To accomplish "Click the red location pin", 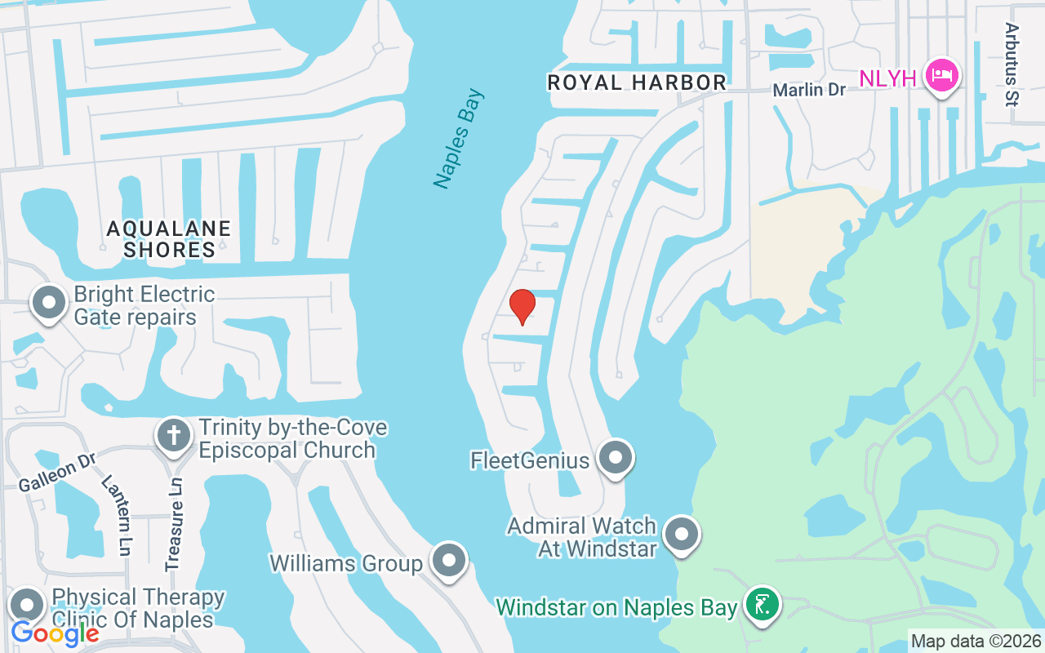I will click(522, 306).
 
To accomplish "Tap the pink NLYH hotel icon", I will click(942, 76).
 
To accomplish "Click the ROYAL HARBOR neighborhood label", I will click(637, 82).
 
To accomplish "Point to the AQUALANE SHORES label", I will click(169, 239).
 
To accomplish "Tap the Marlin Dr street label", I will click(810, 90).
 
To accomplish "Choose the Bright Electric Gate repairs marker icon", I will click(48, 302).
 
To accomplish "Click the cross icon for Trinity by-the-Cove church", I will click(173, 433).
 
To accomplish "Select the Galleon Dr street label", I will click(56, 473).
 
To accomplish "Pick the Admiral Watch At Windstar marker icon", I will click(681, 535).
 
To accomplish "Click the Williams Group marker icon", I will click(448, 561).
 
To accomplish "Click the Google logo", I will click(56, 633).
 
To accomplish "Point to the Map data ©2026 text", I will click(976, 641).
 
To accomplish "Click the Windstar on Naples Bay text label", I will click(617, 607).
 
